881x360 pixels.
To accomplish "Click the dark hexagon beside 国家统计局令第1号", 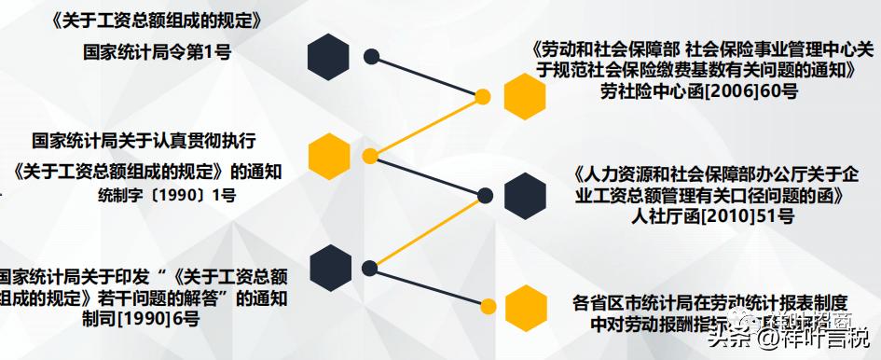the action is coord(328,56).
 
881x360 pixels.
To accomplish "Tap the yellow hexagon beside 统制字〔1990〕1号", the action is coord(329,156).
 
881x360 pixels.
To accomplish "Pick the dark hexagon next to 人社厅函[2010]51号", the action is coord(525,195).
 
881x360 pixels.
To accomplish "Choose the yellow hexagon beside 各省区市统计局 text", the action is coord(525,306).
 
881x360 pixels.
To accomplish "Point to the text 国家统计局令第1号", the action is coord(157,52).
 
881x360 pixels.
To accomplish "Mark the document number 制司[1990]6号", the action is coord(140,320).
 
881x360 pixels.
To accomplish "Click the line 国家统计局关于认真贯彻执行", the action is coord(144,141).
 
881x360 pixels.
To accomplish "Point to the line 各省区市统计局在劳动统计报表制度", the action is coord(710,302).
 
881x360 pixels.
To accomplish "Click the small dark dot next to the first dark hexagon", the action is coord(371,56).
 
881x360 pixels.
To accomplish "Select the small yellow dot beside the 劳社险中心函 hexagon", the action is coord(483,96).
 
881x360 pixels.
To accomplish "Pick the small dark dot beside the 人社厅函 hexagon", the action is coord(484,195).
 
